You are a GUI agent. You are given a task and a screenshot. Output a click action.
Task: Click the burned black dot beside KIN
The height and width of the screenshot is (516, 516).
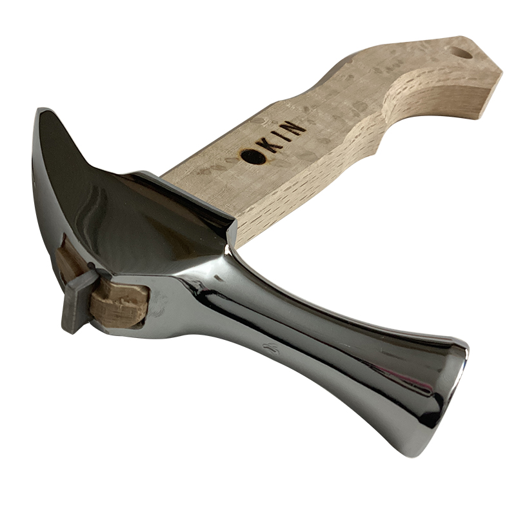253,155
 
